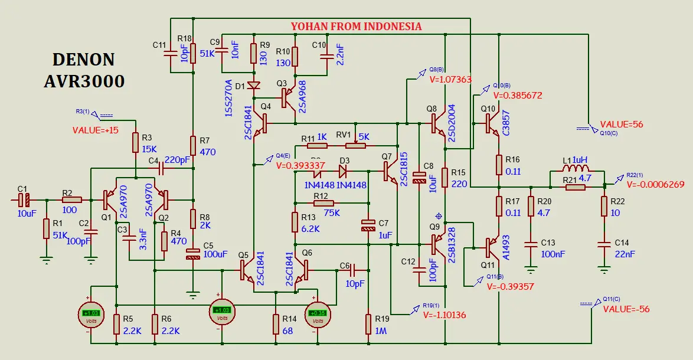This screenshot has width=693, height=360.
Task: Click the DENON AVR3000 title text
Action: click(x=84, y=70)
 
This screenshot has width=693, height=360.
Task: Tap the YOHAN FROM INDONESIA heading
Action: click(x=356, y=27)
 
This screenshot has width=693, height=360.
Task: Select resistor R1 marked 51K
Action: click(x=46, y=228)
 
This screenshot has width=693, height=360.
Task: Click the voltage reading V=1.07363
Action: click(x=450, y=80)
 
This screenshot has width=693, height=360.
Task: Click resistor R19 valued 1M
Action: click(x=368, y=325)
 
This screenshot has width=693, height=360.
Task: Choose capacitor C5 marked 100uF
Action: click(x=192, y=254)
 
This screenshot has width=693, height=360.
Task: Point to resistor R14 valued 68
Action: click(x=276, y=325)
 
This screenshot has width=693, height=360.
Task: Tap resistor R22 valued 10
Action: click(x=604, y=207)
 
